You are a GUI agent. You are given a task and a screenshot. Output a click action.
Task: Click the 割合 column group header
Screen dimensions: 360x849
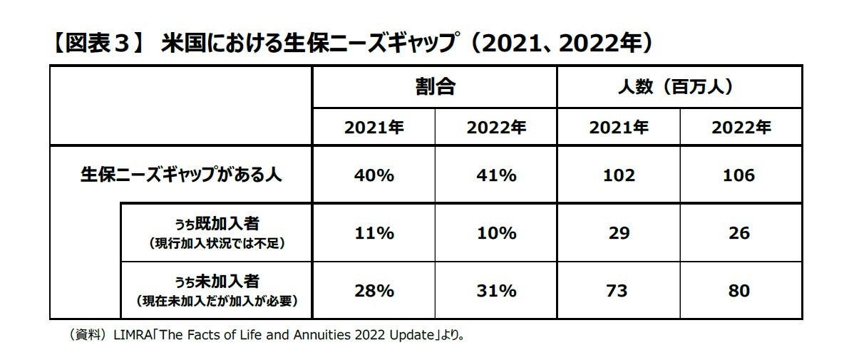coord(435,88)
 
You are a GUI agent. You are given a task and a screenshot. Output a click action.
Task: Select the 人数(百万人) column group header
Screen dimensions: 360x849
coord(679,88)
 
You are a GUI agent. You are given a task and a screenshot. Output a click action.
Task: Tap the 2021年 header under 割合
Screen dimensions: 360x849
coord(374,128)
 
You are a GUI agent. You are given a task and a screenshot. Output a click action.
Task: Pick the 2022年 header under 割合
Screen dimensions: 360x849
coord(496,128)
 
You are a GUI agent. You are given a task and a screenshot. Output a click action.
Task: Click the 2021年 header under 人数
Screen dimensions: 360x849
coord(619,128)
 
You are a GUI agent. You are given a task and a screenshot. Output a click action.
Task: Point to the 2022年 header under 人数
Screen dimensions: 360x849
coord(741,128)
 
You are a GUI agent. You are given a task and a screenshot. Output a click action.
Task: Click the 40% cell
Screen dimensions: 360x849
coord(374,175)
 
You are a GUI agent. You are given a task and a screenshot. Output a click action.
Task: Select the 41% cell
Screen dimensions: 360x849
coord(496,175)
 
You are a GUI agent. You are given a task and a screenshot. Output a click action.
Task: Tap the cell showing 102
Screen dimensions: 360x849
coord(619,175)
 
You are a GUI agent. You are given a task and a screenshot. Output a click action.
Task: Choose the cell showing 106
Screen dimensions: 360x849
coord(741,175)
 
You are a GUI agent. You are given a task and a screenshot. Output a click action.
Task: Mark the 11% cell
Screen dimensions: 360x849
coord(374,233)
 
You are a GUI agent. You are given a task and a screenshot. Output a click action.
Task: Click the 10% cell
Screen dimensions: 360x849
coord(496,233)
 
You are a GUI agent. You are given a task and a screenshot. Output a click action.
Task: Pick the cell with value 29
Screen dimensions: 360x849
coord(619,233)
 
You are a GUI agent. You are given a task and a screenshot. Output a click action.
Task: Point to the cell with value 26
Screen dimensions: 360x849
coord(741,233)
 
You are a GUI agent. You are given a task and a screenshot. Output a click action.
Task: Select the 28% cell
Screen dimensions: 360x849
coord(374,291)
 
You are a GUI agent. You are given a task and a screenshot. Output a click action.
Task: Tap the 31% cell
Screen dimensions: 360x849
coord(496,291)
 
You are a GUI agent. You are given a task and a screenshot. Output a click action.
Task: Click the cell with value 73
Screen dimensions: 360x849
coord(619,291)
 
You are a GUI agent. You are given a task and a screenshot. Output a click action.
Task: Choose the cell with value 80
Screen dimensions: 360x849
coord(741,291)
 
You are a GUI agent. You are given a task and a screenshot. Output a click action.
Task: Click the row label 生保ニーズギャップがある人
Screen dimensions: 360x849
coord(180,175)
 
